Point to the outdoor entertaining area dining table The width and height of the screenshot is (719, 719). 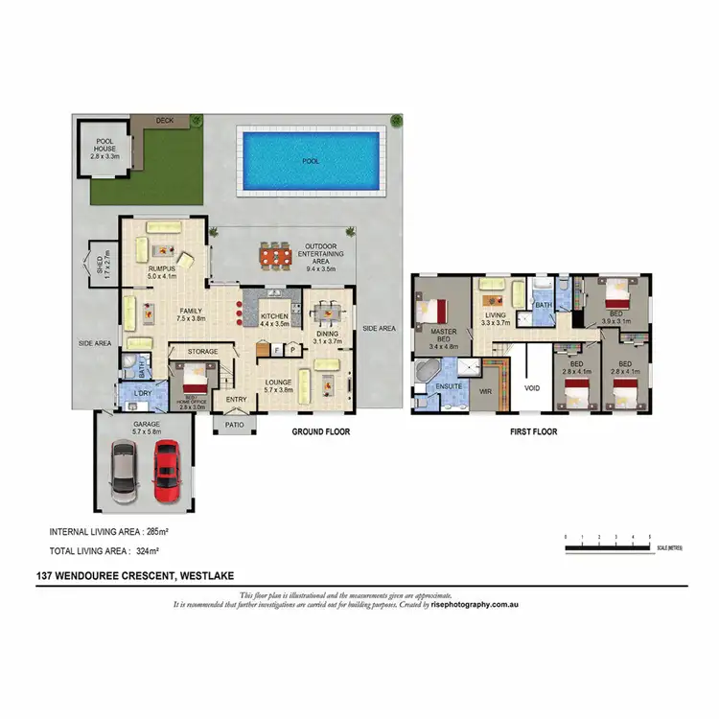275,257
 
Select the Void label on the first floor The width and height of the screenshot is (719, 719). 532,389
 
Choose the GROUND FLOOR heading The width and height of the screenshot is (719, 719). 321,432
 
